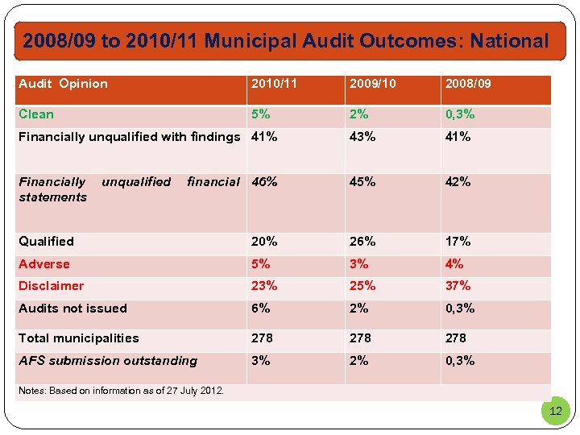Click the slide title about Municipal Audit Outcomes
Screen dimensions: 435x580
click(285, 41)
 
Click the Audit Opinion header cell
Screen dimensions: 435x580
click(63, 84)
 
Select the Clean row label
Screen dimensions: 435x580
click(36, 114)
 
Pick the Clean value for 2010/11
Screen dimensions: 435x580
click(261, 114)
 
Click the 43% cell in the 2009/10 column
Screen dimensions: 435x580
click(362, 137)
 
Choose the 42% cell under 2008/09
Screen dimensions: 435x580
click(458, 182)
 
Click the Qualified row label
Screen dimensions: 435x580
click(46, 242)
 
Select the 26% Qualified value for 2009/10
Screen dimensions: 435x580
click(362, 242)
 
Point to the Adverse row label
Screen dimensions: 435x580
click(44, 264)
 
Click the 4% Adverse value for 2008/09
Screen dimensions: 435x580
click(454, 264)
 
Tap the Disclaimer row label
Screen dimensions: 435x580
click(51, 286)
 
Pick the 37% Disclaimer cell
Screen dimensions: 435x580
click(458, 286)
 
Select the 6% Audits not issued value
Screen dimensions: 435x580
click(261, 309)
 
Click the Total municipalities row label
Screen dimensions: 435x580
click(79, 338)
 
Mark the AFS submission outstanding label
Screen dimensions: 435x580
click(108, 361)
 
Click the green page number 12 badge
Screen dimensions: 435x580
click(555, 411)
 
